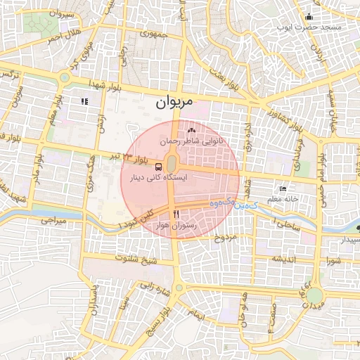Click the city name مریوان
(172, 103)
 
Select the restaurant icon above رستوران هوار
(176, 214)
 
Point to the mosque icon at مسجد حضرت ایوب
(308, 17)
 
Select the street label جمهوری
(153, 33)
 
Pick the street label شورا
(332, 260)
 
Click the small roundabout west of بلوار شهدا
(65, 78)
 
